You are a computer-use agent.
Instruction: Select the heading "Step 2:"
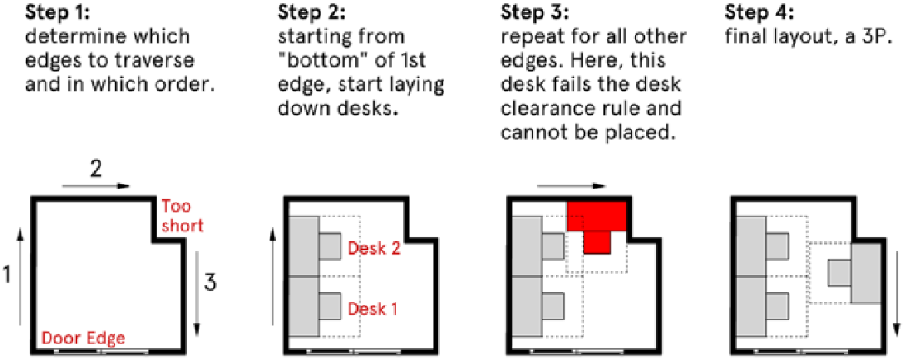[x=305, y=12]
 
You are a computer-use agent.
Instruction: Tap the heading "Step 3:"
[x=529, y=12]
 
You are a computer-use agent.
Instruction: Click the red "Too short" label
[x=181, y=216]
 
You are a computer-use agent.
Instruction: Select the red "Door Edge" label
[x=82, y=338]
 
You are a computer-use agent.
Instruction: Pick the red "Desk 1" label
[x=372, y=309]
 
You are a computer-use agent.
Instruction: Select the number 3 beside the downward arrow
[x=211, y=284]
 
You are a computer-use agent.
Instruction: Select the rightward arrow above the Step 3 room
[x=571, y=186]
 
